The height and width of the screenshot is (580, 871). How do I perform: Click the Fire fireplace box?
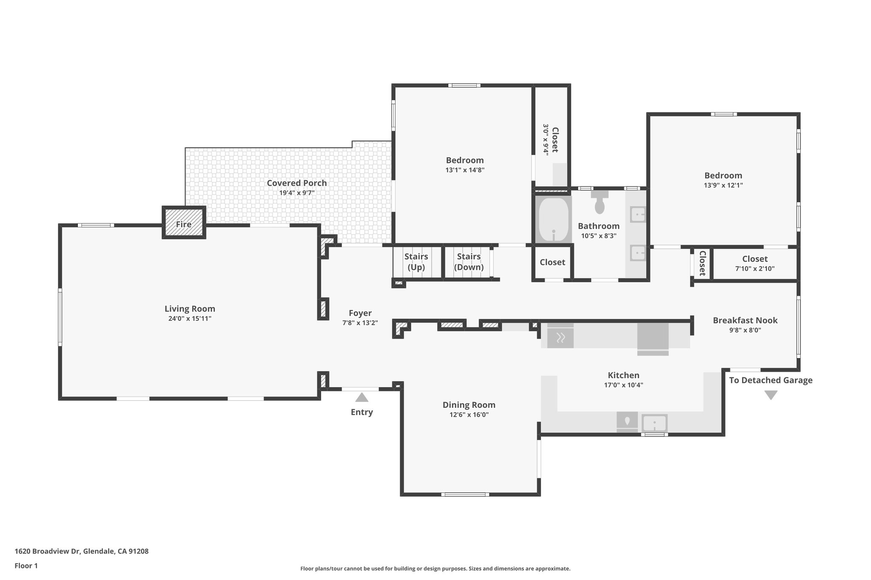coord(184,223)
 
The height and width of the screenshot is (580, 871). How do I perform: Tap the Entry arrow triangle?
coord(361,398)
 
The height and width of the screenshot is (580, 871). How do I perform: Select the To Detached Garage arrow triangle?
coord(771,395)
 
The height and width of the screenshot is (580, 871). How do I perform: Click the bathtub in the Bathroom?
coord(553,220)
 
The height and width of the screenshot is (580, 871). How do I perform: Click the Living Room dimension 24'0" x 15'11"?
coord(190,319)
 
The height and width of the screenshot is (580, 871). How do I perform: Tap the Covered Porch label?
coord(296,183)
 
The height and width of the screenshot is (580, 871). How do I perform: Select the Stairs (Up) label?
coord(416,262)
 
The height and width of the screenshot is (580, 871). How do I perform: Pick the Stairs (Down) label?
coord(469,262)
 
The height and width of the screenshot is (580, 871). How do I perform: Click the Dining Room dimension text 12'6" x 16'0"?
coord(469,415)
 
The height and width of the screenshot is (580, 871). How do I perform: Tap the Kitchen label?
coord(623,375)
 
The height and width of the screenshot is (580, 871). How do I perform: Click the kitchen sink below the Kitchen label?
coord(654,423)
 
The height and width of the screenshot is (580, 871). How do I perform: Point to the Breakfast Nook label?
coord(745,320)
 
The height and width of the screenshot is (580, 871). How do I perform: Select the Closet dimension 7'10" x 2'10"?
coord(754,269)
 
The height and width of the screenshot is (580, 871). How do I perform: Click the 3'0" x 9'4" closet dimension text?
coord(546,140)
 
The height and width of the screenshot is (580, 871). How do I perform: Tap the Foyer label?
coord(360,313)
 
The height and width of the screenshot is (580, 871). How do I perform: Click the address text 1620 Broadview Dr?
coord(48,551)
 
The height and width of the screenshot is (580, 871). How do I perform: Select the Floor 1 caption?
coord(26,566)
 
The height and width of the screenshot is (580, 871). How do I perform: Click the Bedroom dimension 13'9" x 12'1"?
coord(723,185)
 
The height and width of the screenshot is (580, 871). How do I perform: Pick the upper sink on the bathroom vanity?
coord(638,215)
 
